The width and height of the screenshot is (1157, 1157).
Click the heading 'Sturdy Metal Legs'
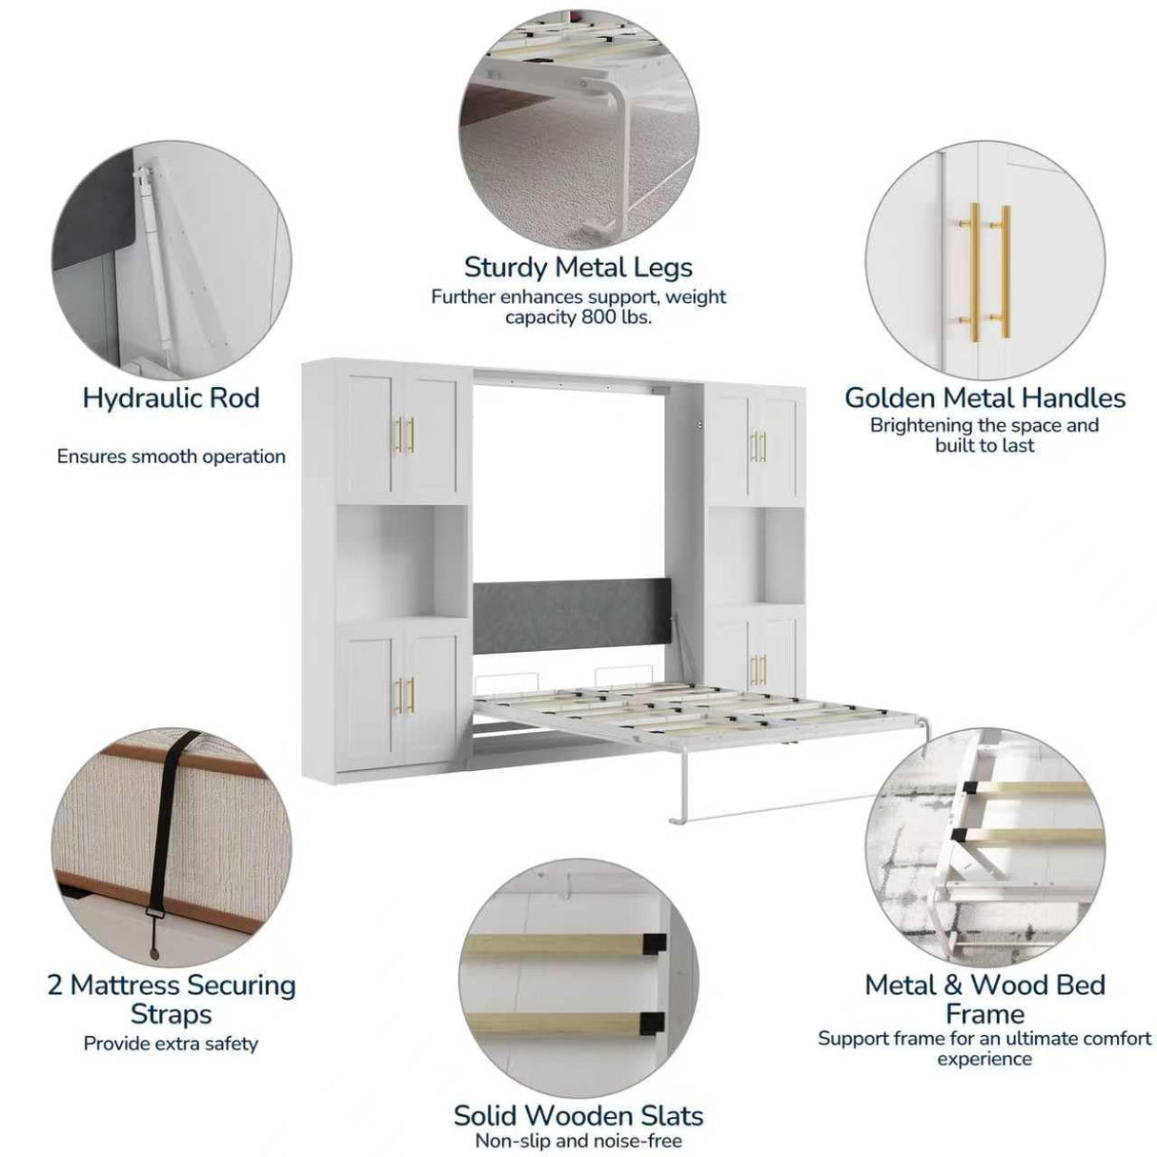coord(578,267)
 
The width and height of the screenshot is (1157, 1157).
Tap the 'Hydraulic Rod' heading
coord(171,397)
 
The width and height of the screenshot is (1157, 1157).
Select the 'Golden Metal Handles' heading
coord(984,397)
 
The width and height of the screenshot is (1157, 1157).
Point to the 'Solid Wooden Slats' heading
coord(578,1115)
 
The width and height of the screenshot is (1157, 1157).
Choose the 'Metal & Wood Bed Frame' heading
coord(984,999)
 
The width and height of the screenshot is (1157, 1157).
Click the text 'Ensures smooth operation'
coord(171,457)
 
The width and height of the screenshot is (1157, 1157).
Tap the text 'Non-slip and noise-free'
coord(578,1141)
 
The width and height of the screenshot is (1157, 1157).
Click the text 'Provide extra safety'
coord(171,1044)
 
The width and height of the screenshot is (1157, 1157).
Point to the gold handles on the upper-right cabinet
coord(759,446)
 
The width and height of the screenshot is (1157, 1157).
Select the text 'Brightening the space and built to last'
coord(984,435)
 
